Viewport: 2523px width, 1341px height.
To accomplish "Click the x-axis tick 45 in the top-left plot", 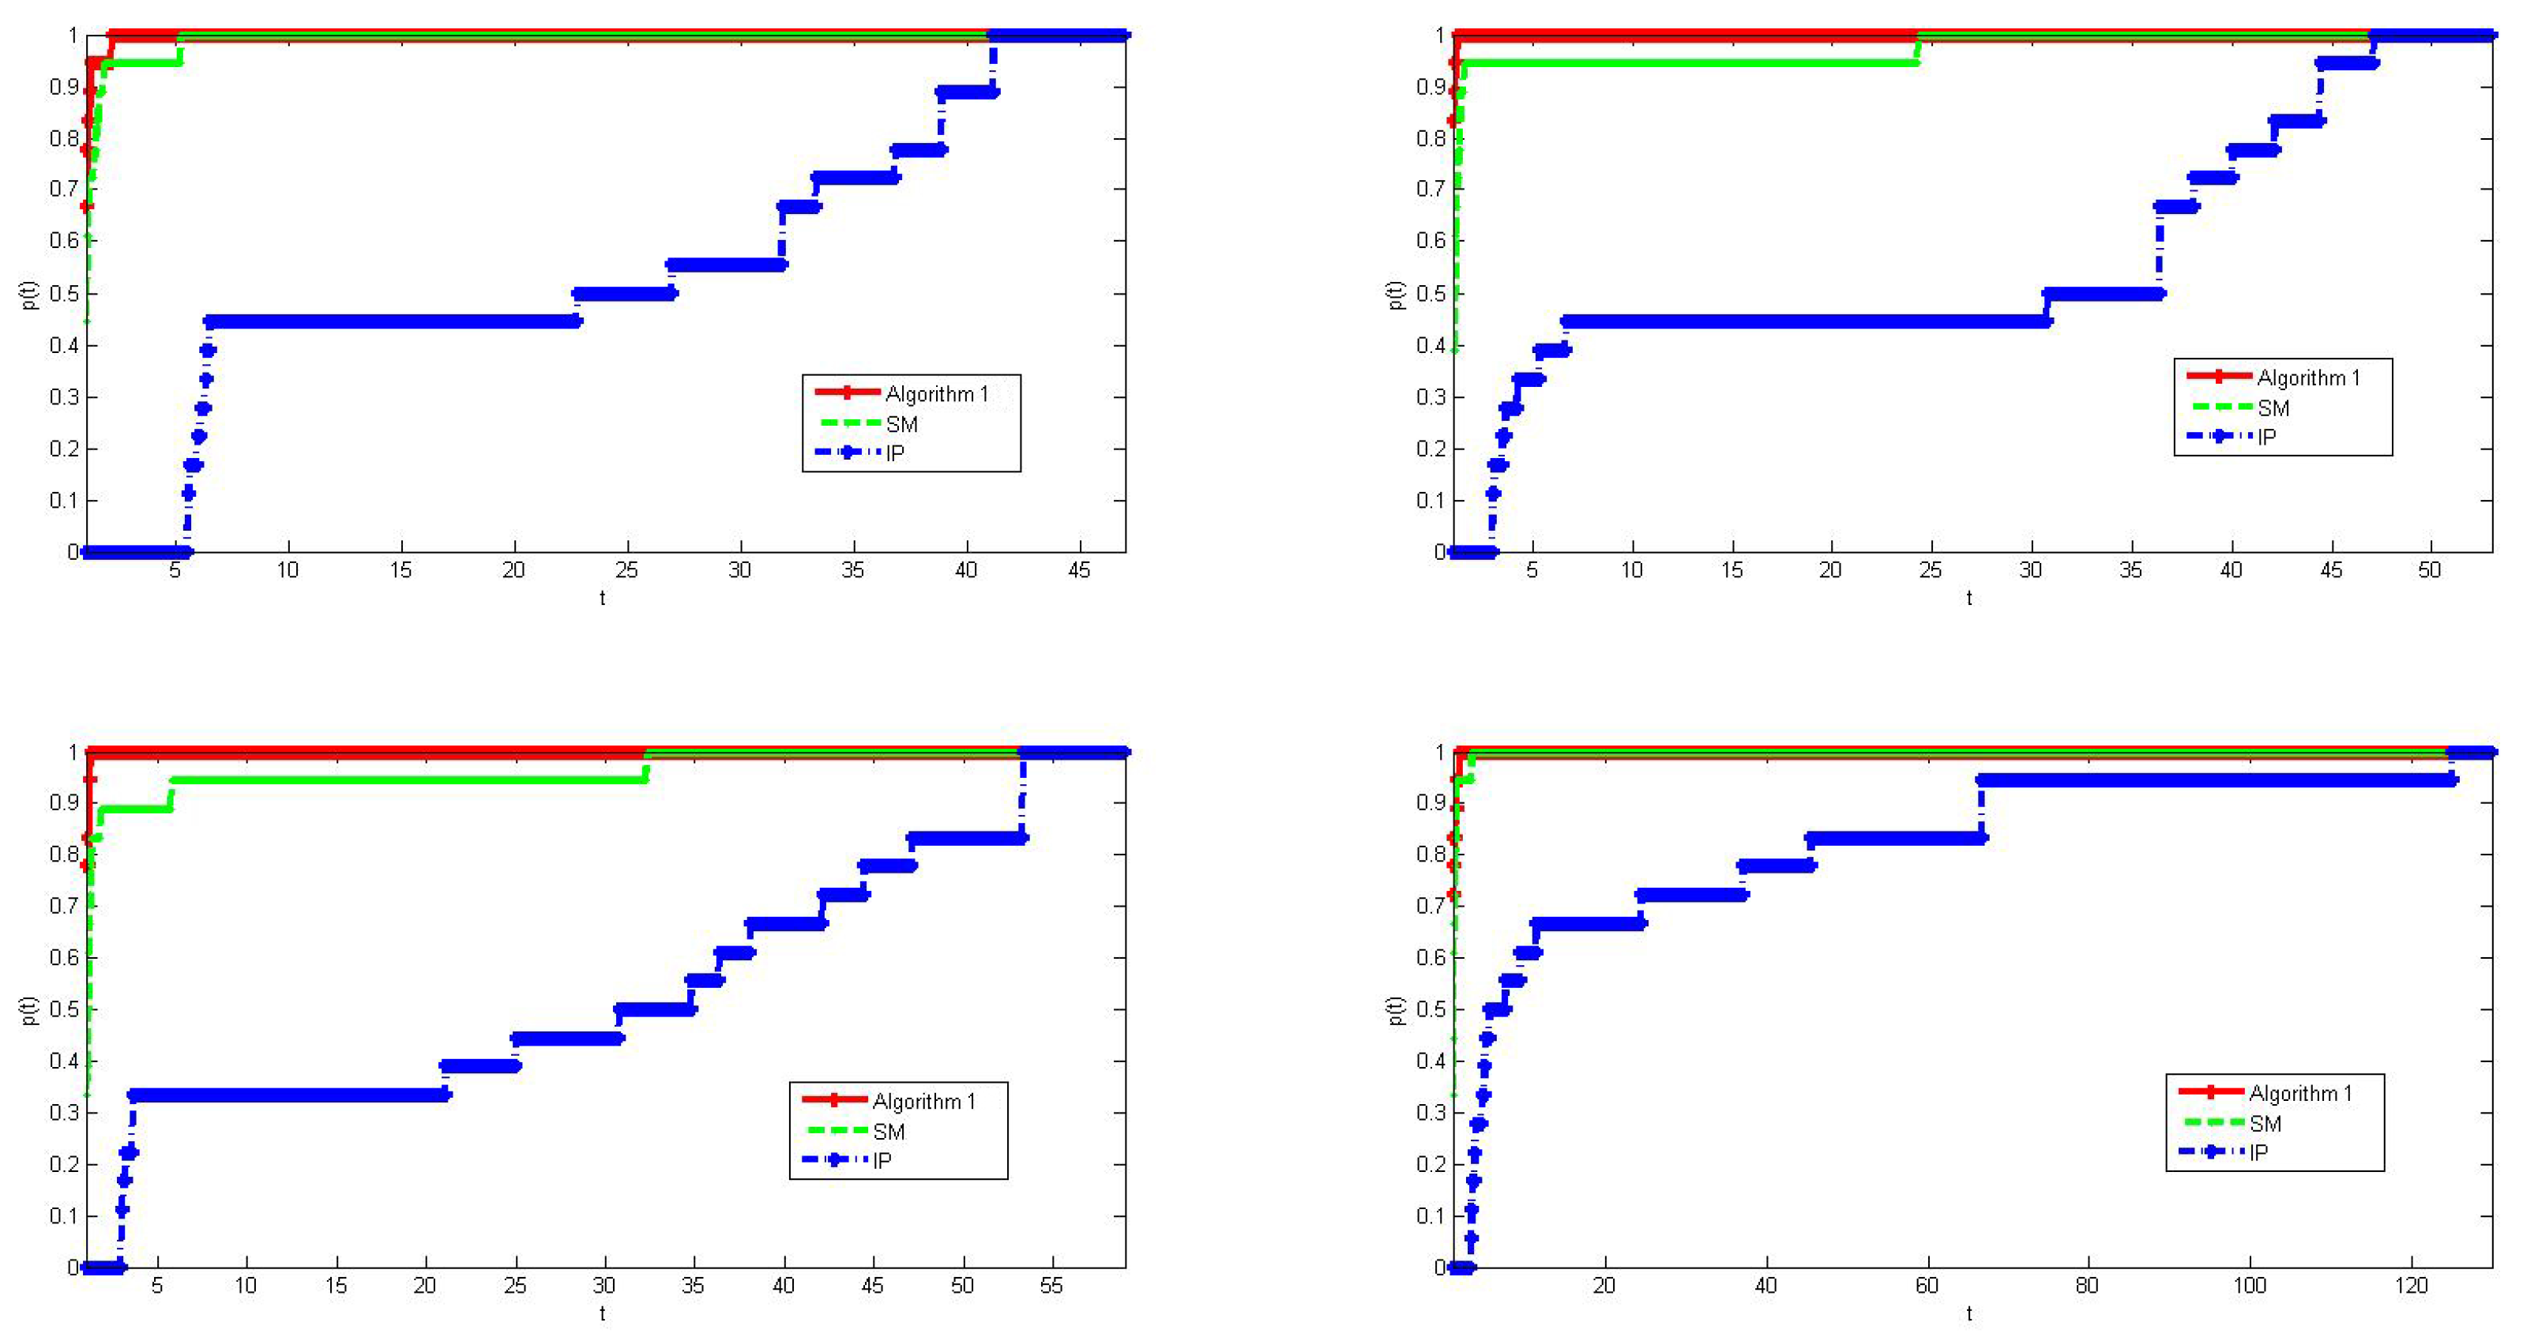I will pyautogui.click(x=1078, y=571).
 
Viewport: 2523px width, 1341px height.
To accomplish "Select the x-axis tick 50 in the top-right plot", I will pyautogui.click(x=2430, y=571).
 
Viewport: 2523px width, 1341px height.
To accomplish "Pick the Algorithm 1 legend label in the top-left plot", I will pyautogui.click(x=936, y=394).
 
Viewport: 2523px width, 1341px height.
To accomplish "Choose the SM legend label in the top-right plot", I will pyautogui.click(x=2273, y=408).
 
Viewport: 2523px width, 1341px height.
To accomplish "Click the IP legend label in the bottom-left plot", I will pyautogui.click(x=882, y=1161).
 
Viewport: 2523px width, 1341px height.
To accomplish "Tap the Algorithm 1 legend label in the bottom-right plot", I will pyautogui.click(x=2299, y=1093).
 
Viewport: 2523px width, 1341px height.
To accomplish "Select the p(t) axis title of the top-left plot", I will pyautogui.click(x=29, y=294).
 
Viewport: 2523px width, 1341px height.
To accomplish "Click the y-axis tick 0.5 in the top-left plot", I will pyautogui.click(x=64, y=293).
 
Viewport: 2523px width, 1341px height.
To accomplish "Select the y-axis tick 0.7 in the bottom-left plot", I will pyautogui.click(x=64, y=905).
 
